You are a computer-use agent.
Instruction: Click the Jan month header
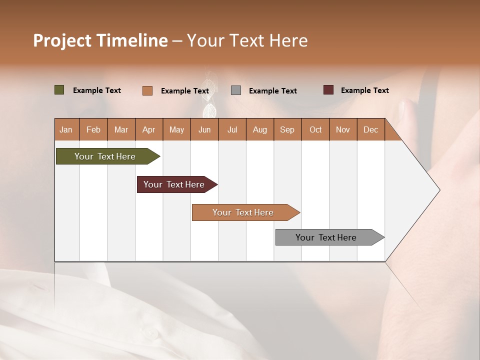[66, 129]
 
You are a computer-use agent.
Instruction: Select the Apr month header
[148, 129]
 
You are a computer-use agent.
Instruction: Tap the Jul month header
[232, 129]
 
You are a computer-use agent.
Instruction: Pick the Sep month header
[287, 129]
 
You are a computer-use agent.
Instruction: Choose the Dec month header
[370, 129]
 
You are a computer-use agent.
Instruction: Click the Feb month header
[93, 129]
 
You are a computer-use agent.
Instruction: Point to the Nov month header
[342, 129]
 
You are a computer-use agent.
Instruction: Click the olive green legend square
[59, 90]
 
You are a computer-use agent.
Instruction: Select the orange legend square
[147, 90]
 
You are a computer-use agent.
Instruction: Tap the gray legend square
[236, 90]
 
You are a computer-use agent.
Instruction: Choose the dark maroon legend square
[328, 90]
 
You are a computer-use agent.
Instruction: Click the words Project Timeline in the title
[100, 40]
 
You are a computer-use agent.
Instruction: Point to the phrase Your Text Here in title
[247, 40]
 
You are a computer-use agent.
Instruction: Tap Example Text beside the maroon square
[364, 90]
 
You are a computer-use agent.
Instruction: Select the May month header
[176, 129]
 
